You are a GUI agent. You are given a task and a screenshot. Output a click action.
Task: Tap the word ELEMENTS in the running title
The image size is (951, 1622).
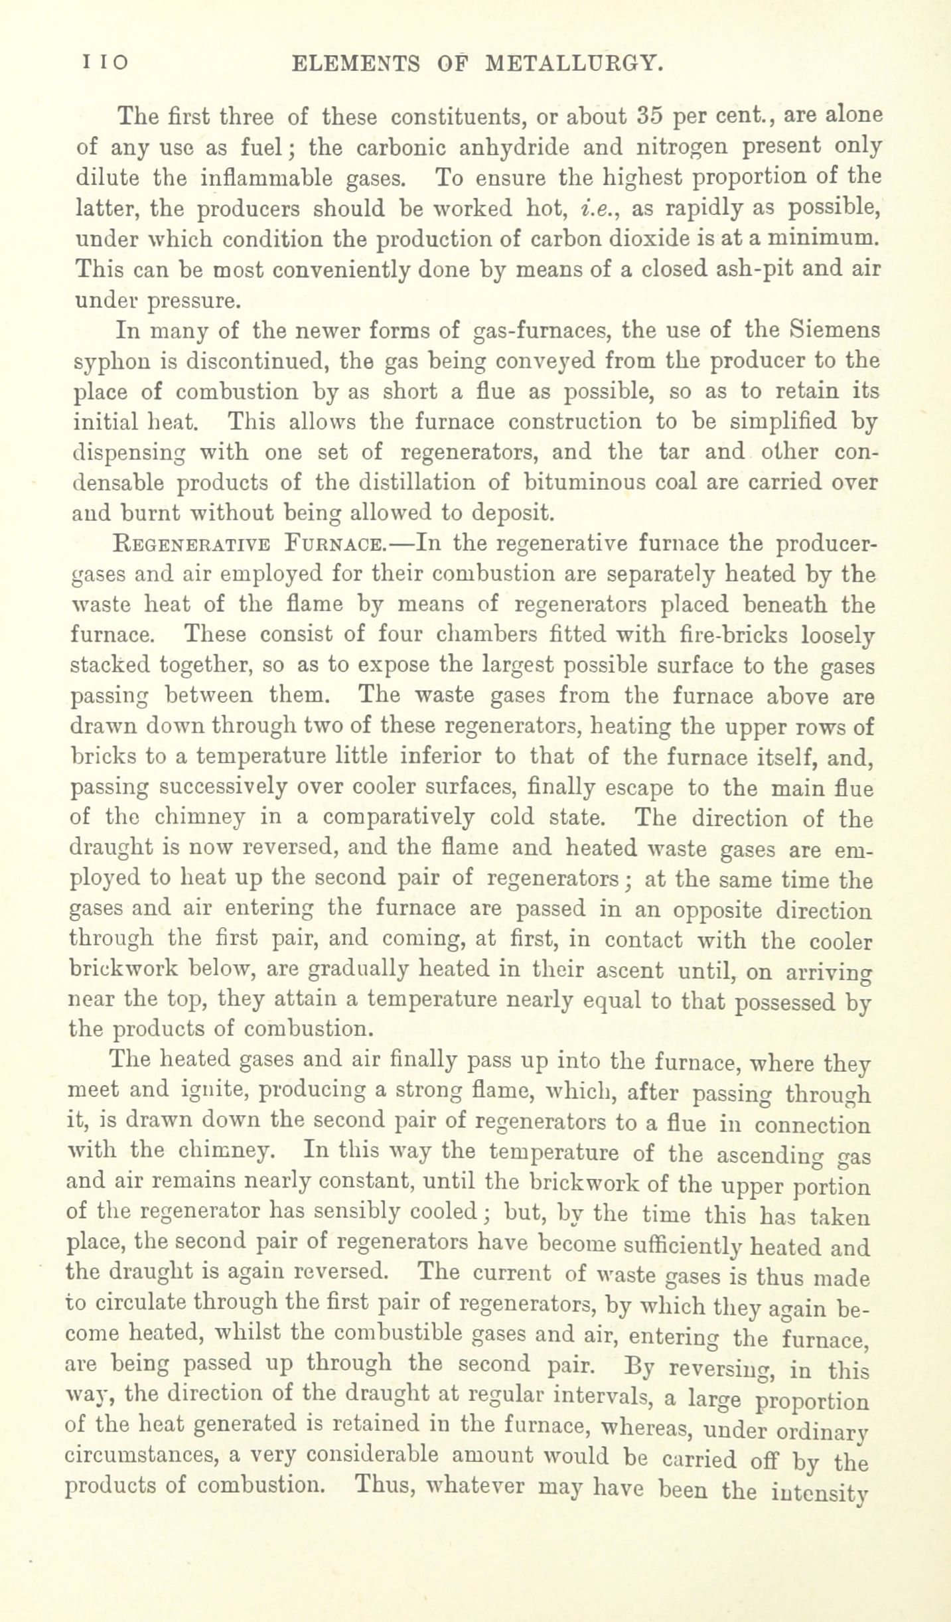[x=356, y=63]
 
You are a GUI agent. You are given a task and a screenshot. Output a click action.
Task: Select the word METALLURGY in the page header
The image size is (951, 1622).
[x=575, y=63]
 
